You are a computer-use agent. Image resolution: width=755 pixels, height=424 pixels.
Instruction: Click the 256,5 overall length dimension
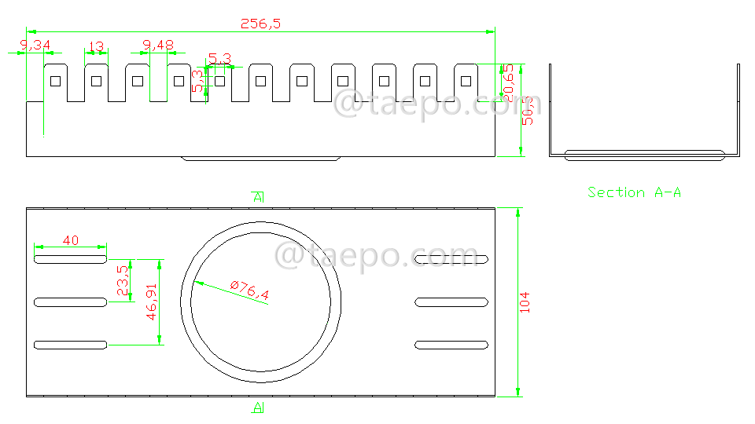(x=260, y=24)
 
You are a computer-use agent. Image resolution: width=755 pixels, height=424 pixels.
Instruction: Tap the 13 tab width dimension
(x=96, y=46)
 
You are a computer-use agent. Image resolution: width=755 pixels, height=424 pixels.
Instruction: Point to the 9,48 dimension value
(x=158, y=46)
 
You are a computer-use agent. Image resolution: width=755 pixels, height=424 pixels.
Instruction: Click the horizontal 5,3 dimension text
(x=219, y=58)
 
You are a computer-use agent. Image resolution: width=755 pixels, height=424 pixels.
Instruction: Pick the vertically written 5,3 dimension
(x=197, y=80)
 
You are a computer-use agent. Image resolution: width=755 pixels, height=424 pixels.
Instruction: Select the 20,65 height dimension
(x=509, y=82)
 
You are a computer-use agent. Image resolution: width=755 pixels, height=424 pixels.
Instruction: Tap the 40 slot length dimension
(x=70, y=240)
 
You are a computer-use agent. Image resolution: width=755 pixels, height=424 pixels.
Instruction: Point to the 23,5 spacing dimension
(x=122, y=280)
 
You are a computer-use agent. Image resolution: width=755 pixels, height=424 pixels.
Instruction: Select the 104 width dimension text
(x=525, y=302)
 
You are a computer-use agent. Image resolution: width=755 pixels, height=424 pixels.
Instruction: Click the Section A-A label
(x=634, y=192)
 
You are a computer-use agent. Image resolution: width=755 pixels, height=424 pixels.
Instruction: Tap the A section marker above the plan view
(x=258, y=197)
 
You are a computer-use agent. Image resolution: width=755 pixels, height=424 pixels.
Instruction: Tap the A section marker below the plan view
(x=258, y=407)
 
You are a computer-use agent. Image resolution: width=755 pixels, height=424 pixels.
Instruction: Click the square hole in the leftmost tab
(x=54, y=80)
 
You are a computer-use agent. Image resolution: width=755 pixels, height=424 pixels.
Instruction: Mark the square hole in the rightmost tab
(x=466, y=80)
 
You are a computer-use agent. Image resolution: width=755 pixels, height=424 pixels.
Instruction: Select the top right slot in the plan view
(x=451, y=259)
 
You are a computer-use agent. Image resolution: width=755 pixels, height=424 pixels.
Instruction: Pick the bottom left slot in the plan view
(x=70, y=345)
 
